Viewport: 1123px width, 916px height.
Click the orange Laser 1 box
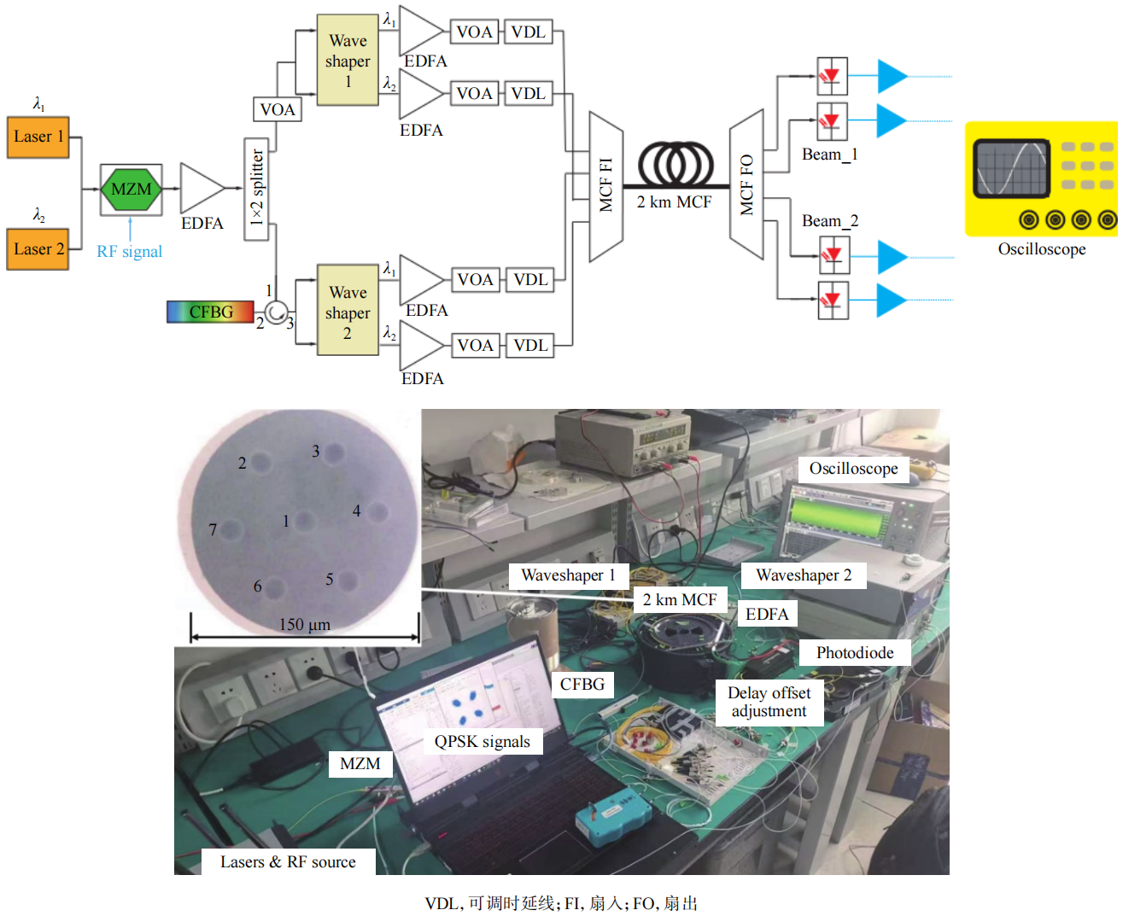pos(38,137)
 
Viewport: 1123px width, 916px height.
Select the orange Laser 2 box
pos(38,249)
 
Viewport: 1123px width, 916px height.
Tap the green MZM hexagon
pos(131,190)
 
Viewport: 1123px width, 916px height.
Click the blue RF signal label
pos(129,252)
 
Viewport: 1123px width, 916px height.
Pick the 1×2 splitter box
pos(256,189)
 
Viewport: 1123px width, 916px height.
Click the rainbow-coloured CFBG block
pos(210,312)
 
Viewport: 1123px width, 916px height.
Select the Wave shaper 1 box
pos(348,61)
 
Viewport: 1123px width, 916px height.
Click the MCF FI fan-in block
pos(605,185)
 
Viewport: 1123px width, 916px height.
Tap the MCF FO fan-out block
pos(746,184)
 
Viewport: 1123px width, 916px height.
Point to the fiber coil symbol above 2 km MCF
pos(676,161)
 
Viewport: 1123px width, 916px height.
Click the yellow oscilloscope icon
pos(1042,179)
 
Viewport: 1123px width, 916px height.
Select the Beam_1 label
pos(829,155)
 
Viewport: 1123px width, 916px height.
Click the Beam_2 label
pos(829,221)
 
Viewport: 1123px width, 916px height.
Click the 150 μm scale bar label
pos(304,625)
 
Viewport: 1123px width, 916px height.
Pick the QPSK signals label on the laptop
pos(483,742)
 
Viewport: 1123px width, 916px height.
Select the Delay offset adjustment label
pos(769,702)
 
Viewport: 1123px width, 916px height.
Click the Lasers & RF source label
pos(288,862)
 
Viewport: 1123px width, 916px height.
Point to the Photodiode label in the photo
pos(854,653)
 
